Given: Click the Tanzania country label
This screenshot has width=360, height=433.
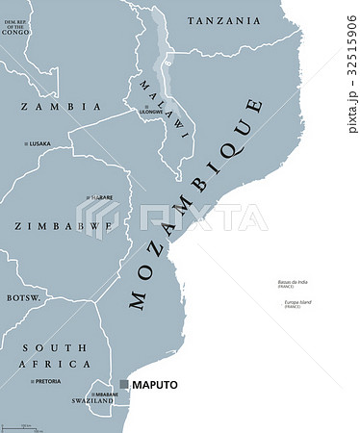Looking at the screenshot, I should click(x=223, y=20).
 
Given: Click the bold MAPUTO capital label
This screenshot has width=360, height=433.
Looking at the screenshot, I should click(x=156, y=385).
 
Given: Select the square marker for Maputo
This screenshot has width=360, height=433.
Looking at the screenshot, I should click(x=124, y=385).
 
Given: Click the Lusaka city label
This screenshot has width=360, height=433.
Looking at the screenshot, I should click(x=40, y=143).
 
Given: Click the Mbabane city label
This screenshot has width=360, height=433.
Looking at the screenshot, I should click(x=105, y=395).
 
